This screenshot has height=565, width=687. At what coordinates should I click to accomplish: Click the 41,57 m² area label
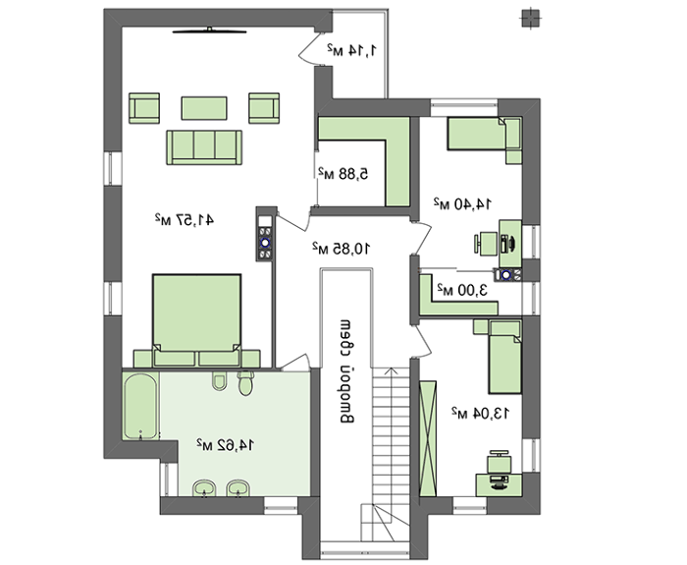[x=185, y=219]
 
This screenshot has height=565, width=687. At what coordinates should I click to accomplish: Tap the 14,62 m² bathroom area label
[x=225, y=445]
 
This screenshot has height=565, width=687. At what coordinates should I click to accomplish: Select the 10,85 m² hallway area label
[x=342, y=248]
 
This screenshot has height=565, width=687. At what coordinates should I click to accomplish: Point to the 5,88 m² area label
[x=343, y=174]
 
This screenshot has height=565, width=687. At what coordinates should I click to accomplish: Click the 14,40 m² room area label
[x=462, y=203]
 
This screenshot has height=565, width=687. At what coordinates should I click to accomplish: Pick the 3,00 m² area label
[x=462, y=290]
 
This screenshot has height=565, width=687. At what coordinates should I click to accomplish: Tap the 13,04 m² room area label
[x=481, y=413]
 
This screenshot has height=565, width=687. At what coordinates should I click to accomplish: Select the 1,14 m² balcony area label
[x=351, y=50]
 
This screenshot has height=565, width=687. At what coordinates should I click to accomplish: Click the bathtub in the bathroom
[x=140, y=406]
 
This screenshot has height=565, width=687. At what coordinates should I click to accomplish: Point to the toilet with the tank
[x=245, y=383]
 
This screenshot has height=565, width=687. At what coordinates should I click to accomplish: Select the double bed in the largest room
[x=196, y=320]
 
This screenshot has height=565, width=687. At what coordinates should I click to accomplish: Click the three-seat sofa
[x=204, y=147]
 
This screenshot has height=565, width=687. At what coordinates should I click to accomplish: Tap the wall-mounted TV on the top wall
[x=209, y=30]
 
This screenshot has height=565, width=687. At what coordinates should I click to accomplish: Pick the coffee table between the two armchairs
[x=204, y=108]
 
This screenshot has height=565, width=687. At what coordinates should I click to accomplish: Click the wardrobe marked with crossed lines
[x=428, y=438]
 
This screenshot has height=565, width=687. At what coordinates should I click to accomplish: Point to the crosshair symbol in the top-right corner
[x=531, y=19]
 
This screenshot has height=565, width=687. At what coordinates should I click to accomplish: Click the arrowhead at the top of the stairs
[x=391, y=371]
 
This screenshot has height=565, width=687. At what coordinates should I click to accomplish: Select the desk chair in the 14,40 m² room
[x=485, y=244]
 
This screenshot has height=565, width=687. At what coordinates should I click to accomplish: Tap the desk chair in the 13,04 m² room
[x=500, y=462]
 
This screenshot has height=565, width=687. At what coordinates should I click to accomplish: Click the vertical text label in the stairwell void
[x=346, y=371]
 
